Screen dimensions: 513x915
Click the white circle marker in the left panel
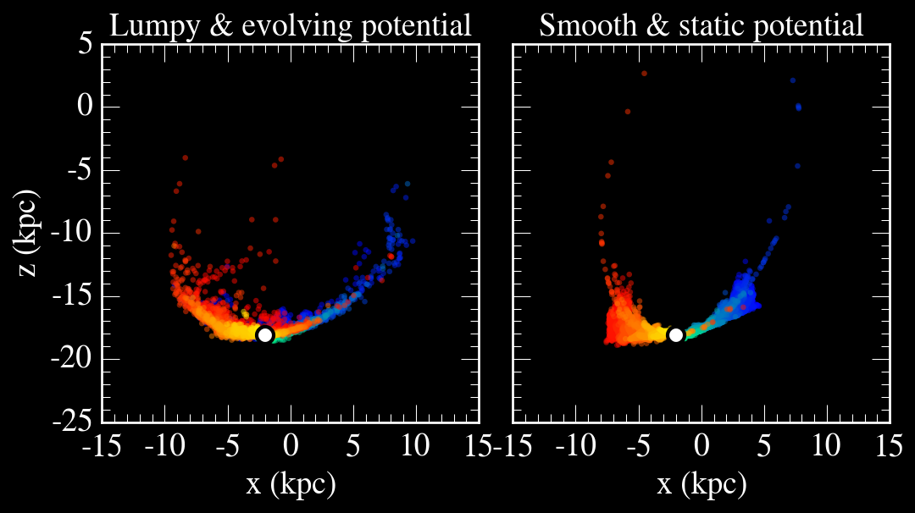[x=265, y=334]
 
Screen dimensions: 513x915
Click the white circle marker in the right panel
[x=676, y=334]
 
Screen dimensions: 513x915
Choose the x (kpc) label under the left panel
[x=291, y=484]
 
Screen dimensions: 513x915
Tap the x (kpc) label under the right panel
[x=701, y=484]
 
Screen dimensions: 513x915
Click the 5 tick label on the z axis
[x=84, y=44]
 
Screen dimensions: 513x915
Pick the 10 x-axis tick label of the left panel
[x=416, y=444]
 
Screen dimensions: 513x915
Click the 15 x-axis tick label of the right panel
[x=890, y=444]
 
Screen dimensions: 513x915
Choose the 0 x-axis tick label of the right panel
[x=701, y=444]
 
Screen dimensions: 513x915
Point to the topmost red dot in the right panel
[x=645, y=74]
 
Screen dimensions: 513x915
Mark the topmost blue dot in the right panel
[x=793, y=80]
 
